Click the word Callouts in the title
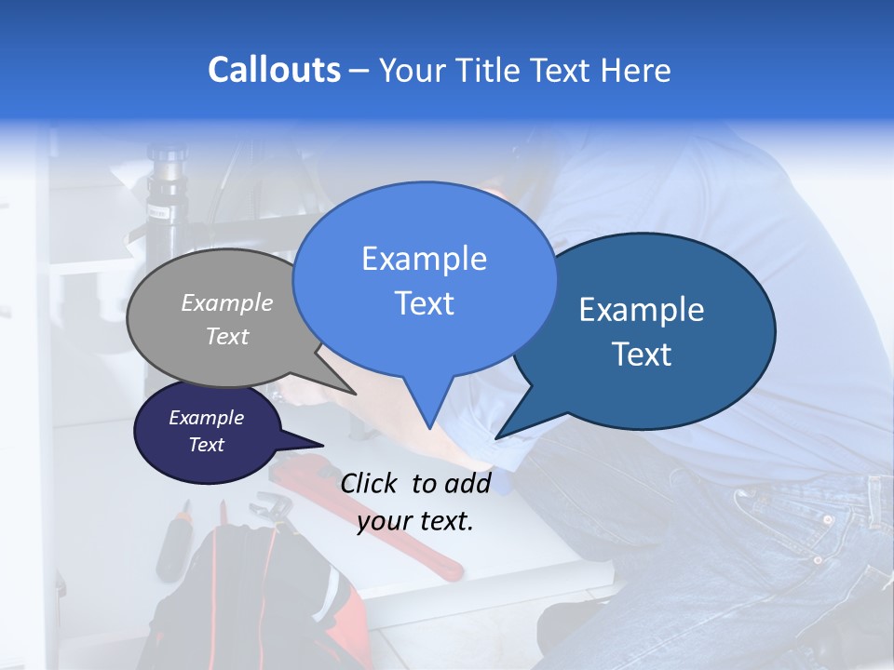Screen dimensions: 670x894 [274, 70]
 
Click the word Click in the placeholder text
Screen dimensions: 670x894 [371, 483]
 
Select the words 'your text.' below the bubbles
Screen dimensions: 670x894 [415, 521]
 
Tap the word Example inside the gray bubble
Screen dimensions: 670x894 [227, 303]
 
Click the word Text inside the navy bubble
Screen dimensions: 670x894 [207, 445]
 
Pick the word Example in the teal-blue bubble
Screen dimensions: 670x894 [642, 311]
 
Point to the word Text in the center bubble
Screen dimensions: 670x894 [424, 303]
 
